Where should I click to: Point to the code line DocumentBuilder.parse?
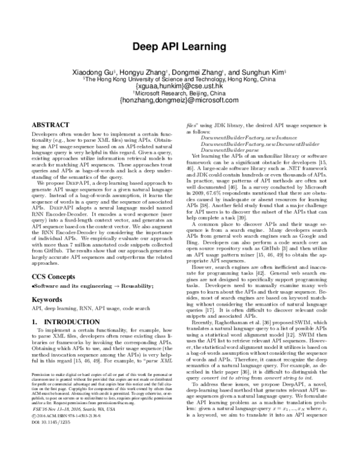coord(223,152)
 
